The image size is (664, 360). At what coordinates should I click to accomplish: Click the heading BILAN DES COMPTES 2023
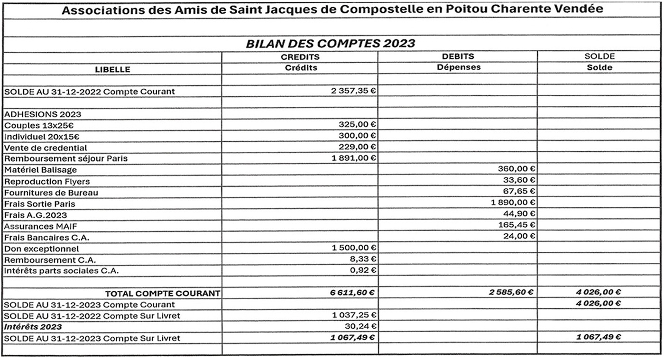tap(331, 44)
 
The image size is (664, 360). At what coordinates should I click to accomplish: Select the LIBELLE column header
tap(112, 69)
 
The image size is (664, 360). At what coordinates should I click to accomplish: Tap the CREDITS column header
tap(300, 57)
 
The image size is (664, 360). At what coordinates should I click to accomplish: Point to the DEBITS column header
tap(458, 57)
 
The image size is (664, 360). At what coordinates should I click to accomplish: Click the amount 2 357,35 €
tap(354, 91)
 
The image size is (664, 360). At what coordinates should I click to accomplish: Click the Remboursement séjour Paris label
tap(66, 158)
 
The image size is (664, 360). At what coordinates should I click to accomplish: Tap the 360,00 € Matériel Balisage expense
tap(516, 168)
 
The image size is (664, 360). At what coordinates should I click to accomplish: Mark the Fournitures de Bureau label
tap(51, 193)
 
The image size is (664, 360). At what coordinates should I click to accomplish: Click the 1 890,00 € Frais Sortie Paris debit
tap(514, 203)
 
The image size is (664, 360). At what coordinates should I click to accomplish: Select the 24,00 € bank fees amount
tap(519, 236)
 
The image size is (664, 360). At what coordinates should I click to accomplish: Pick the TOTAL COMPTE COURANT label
tap(162, 293)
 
